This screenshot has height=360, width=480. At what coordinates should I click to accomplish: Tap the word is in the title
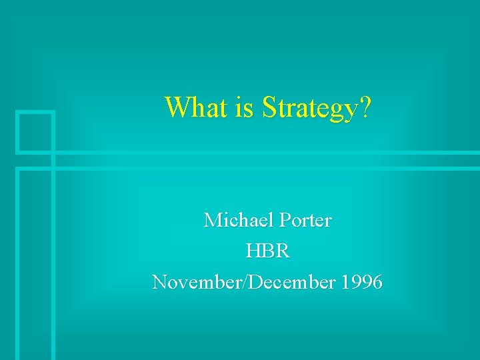[244, 107]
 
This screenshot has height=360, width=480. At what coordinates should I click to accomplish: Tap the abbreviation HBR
[267, 251]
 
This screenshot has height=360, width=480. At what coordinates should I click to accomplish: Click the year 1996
[361, 282]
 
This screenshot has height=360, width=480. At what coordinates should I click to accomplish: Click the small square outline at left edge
[35, 131]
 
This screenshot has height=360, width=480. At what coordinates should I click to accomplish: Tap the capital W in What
[176, 107]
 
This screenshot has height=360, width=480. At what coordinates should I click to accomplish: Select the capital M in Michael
[213, 219]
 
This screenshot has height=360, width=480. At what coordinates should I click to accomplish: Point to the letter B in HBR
[268, 251]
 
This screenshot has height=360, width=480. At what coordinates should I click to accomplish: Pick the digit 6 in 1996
[377, 282]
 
